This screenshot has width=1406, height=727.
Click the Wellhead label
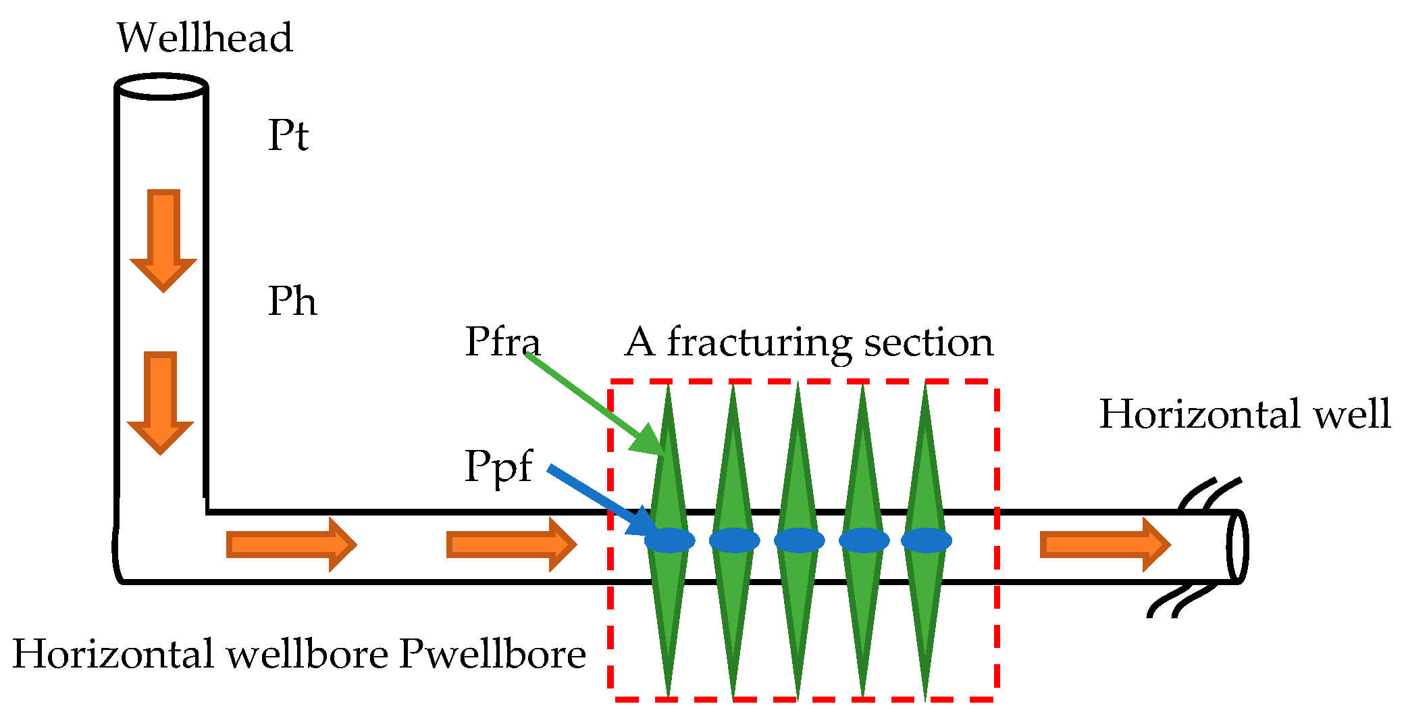(x=205, y=38)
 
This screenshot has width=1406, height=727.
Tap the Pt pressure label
(x=288, y=135)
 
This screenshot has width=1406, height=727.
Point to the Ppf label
(x=498, y=466)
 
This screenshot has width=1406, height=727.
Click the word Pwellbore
(x=492, y=654)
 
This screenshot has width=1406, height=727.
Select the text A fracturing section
(x=809, y=342)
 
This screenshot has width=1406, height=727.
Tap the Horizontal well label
(x=1245, y=413)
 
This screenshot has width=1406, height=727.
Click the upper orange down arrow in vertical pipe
(x=163, y=240)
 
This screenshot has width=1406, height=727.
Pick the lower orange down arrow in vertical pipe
(x=161, y=402)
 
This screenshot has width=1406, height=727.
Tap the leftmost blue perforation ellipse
(x=669, y=540)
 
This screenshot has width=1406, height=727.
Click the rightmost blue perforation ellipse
(x=927, y=540)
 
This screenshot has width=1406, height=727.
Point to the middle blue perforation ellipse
(x=799, y=540)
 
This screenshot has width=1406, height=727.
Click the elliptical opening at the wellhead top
(x=161, y=86)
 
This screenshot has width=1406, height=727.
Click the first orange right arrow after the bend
(x=290, y=545)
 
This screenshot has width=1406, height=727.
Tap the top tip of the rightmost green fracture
(x=926, y=386)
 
